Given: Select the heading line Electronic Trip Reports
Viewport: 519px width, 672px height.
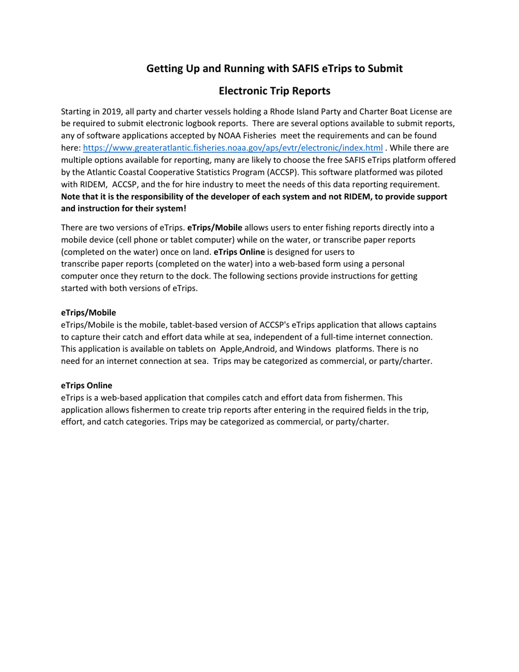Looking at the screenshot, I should (274, 90).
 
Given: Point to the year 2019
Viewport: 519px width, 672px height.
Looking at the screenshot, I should (111, 111).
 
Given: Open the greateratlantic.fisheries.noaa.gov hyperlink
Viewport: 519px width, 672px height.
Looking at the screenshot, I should (233, 148).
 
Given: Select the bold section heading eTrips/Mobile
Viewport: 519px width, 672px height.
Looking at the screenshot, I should (89, 313).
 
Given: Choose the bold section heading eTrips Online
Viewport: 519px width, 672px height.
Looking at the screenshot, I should (86, 385).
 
